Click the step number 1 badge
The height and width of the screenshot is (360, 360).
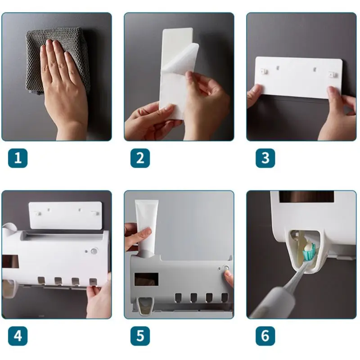coord(18,158)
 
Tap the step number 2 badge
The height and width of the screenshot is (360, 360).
coord(140,158)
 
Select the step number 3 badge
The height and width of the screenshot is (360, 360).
coord(265,158)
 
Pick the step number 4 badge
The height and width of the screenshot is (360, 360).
coord(18,336)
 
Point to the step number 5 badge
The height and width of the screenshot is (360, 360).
coord(140,336)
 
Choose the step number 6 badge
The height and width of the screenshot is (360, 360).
coord(265,336)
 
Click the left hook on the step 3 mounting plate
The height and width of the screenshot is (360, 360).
coord(265,71)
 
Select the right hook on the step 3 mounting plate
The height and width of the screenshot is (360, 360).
coord(333,74)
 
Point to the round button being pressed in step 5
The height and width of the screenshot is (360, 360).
coord(226,268)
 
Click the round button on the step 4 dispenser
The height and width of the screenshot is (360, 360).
coord(94,251)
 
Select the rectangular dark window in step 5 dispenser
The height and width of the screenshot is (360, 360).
coord(146,279)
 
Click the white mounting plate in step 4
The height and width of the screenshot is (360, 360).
coord(65,215)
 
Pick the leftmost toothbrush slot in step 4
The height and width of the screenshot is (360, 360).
coord(41,281)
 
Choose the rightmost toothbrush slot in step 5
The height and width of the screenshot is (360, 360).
coord(224,297)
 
